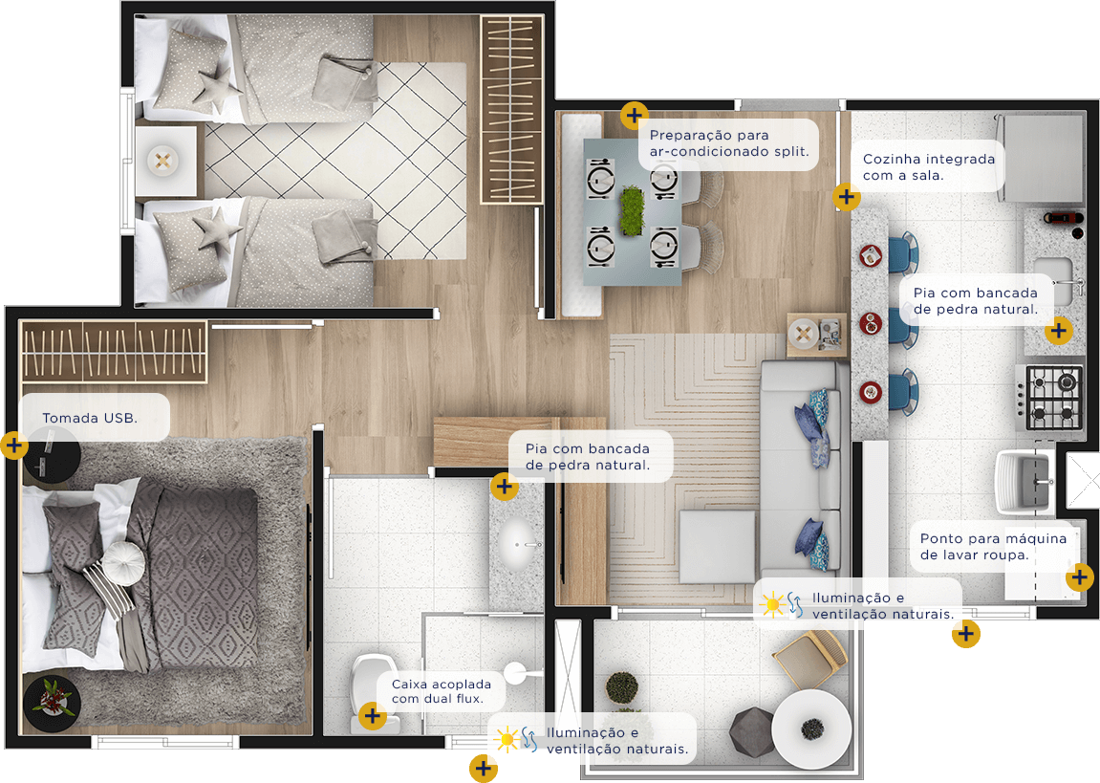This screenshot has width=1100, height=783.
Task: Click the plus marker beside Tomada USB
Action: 14,446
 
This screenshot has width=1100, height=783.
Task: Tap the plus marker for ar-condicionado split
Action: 635,115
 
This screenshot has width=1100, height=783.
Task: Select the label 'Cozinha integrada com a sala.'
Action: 929,167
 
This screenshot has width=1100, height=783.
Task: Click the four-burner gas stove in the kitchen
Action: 1049,397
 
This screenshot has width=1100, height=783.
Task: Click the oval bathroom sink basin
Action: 519,544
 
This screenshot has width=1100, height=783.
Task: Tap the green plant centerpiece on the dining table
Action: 632,209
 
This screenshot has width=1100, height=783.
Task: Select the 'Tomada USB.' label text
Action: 90,418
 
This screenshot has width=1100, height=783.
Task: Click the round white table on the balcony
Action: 811,729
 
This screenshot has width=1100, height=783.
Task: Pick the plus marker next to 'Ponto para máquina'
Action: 1080,577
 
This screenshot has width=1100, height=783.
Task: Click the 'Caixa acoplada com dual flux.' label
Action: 442,691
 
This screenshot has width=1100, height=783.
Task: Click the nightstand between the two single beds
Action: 165,161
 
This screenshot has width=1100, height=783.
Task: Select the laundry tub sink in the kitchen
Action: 1024,481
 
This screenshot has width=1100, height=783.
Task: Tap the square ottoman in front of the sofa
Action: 717,547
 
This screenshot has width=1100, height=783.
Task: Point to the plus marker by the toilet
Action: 373,716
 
